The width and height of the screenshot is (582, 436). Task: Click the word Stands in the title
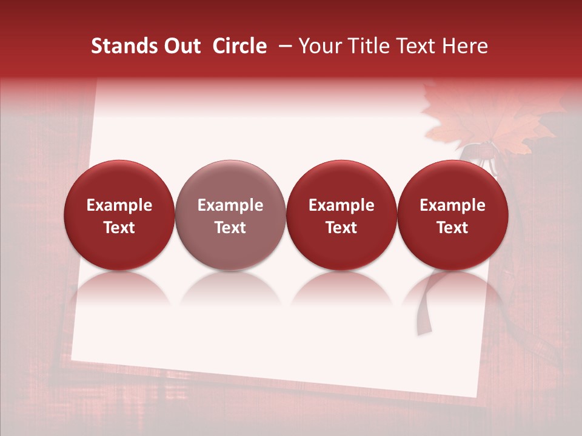124,46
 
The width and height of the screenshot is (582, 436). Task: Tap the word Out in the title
181,46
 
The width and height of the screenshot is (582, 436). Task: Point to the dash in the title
283,46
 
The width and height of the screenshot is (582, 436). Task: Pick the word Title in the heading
370,46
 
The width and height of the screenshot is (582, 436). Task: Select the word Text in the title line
418,46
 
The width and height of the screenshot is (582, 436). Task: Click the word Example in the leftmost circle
119,205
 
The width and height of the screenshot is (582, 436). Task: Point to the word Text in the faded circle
230,228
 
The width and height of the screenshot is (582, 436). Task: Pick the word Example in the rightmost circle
452,205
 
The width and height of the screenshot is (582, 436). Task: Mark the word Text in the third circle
341,228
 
